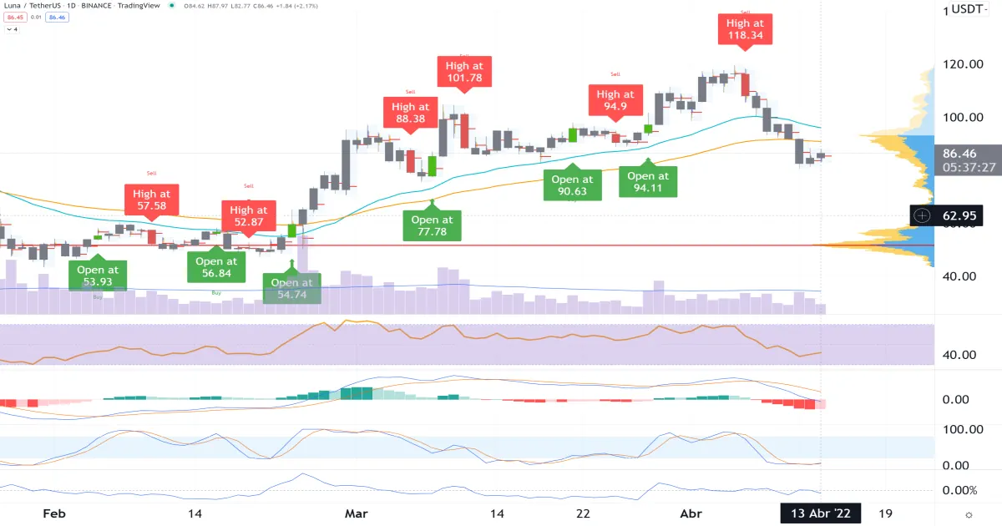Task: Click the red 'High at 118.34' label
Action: point(745,29)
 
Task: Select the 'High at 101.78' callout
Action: point(463,71)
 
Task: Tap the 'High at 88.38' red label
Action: point(410,112)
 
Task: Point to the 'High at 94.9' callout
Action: point(615,100)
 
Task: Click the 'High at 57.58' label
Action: point(151,200)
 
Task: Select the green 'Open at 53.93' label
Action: point(98,276)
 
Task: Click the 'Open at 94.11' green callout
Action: point(648,181)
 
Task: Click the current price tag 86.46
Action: point(959,154)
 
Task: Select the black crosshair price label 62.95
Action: point(959,215)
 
